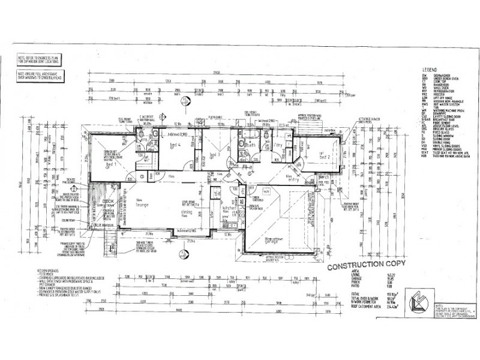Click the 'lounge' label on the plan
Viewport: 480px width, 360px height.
click(x=143, y=204)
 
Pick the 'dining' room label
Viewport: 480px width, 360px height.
click(x=188, y=212)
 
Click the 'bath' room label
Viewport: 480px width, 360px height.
click(x=251, y=145)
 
